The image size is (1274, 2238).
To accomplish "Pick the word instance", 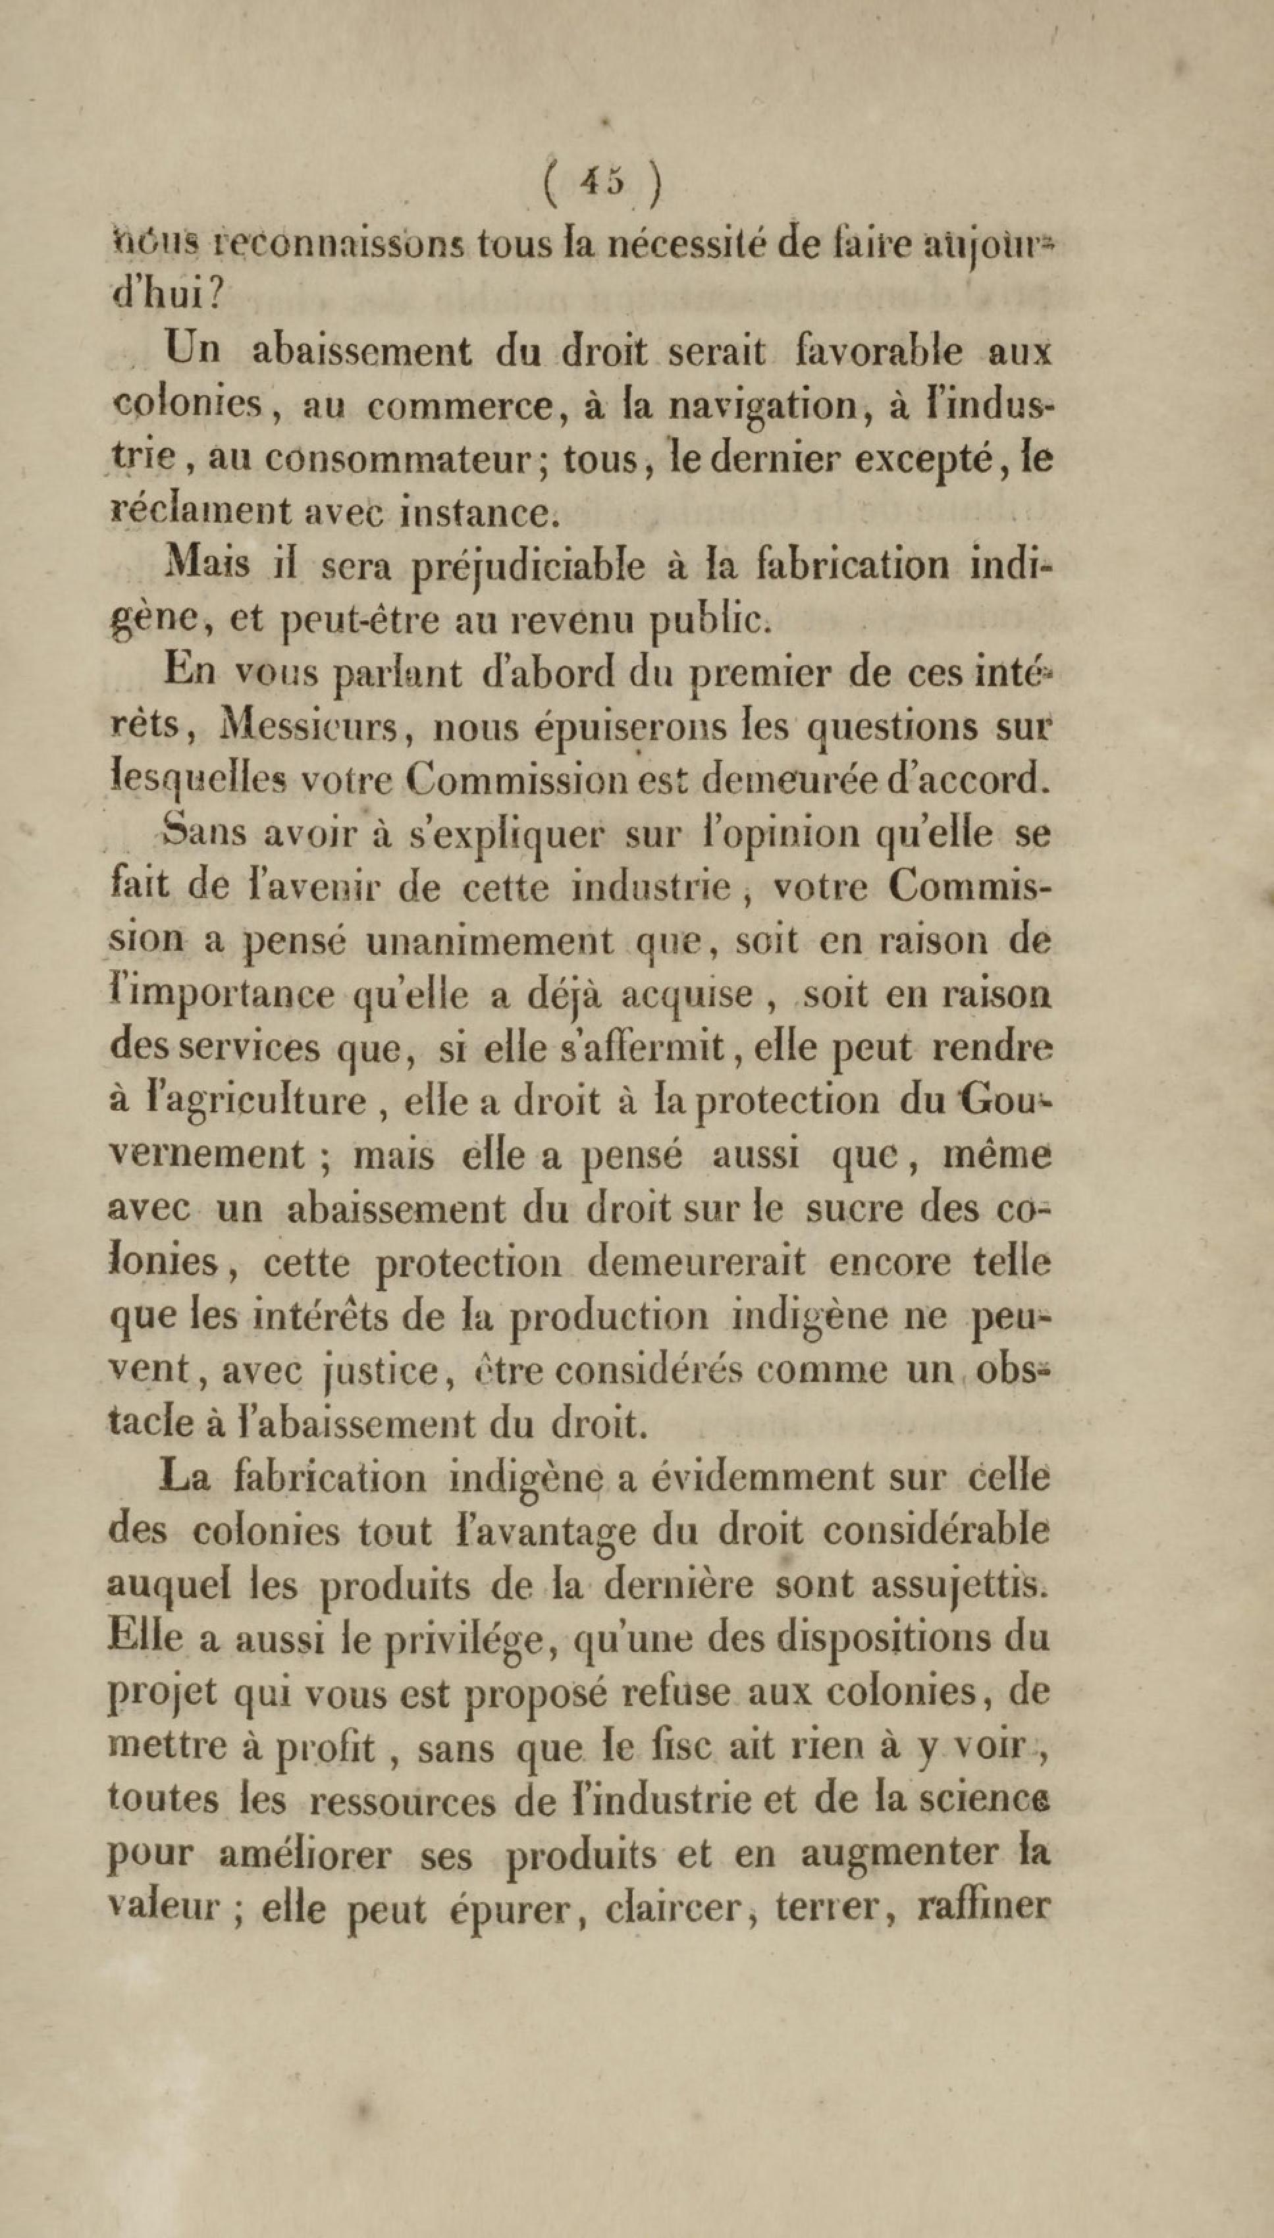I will tap(477, 512).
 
